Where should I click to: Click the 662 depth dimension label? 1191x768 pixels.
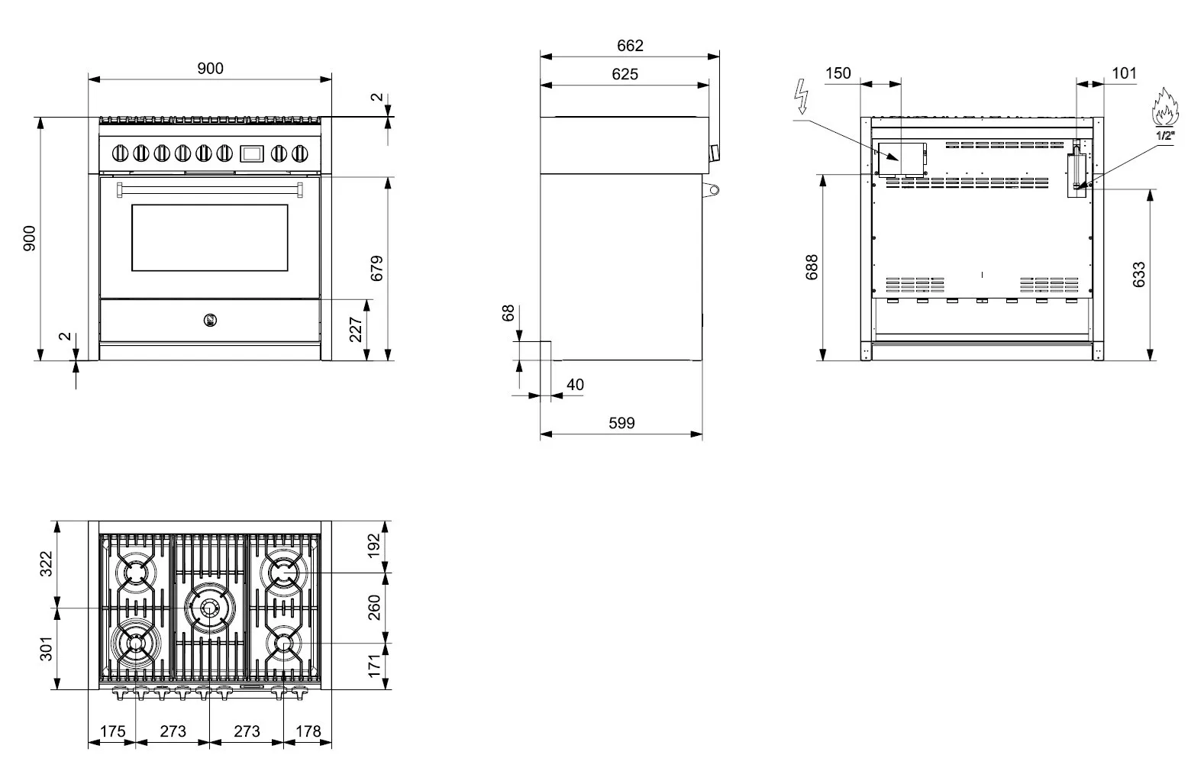click(630, 46)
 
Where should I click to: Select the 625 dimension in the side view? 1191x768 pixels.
click(625, 74)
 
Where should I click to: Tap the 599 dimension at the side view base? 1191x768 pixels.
click(621, 423)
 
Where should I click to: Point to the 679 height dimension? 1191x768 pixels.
click(376, 269)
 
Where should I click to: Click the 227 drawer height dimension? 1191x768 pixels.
click(356, 330)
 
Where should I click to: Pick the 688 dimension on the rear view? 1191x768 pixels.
click(812, 266)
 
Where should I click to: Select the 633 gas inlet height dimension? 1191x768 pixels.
click(1139, 274)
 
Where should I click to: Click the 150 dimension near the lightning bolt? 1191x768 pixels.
click(838, 73)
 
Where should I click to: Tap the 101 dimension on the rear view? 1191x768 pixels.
click(1124, 73)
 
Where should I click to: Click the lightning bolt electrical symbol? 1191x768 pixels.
click(802, 97)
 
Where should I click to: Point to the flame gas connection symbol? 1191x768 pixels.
click(1165, 107)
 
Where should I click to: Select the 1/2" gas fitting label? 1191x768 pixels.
click(1165, 136)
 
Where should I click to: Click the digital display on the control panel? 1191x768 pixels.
click(251, 153)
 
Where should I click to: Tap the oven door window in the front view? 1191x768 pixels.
click(209, 237)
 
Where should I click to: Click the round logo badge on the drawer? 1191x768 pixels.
click(210, 320)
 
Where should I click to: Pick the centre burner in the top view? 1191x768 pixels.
click(209, 608)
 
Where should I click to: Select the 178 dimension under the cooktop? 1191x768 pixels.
click(308, 731)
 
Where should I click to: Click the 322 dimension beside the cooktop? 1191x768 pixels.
click(47, 564)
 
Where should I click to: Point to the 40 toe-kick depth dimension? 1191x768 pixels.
click(576, 384)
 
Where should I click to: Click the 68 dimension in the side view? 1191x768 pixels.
click(508, 313)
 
